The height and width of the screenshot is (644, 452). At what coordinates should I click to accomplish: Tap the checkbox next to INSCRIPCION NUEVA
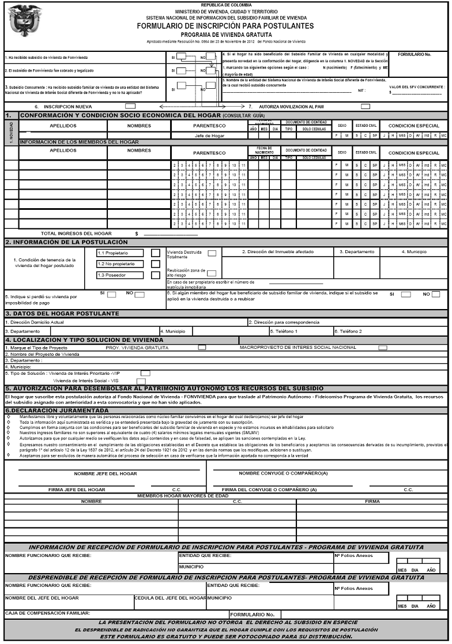point(130,106)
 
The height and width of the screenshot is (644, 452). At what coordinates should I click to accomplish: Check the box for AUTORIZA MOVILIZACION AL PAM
point(365,106)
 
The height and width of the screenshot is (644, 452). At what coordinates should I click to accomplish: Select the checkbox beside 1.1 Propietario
point(155,253)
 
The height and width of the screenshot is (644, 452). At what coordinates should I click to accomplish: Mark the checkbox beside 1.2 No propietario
point(155,264)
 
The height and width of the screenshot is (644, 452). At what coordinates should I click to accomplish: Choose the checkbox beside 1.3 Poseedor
point(155,276)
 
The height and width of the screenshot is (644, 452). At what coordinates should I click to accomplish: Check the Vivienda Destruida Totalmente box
point(212,253)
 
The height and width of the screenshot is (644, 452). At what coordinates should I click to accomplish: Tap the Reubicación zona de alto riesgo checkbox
point(212,273)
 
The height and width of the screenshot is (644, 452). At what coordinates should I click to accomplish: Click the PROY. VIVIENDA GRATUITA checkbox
point(202,348)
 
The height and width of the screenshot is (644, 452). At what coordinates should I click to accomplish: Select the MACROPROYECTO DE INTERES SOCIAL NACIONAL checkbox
point(382,348)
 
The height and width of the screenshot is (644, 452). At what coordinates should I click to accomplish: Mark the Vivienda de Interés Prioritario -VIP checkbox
point(145,373)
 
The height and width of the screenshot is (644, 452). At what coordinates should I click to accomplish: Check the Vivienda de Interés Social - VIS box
point(141,381)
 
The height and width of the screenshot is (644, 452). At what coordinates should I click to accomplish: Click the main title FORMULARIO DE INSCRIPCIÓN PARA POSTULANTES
point(225,26)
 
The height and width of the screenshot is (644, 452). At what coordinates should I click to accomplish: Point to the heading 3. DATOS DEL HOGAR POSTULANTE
point(62,313)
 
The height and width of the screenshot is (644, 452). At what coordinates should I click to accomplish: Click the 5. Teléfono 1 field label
point(284,332)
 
